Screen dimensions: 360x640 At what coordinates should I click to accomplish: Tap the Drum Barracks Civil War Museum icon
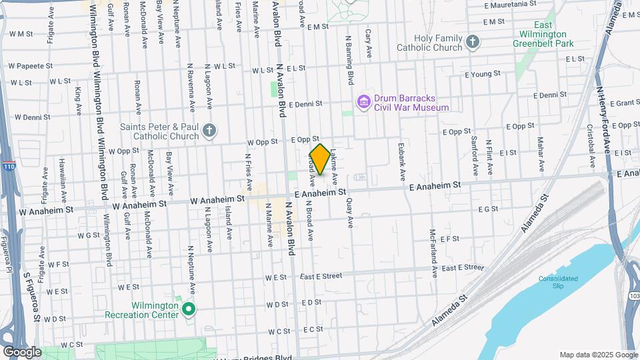coord(364,101)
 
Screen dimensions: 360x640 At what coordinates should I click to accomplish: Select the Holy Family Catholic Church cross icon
coord(473,43)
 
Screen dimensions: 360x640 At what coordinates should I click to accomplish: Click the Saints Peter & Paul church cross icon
coord(209,131)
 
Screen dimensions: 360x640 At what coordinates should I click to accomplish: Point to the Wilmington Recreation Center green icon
coord(189,309)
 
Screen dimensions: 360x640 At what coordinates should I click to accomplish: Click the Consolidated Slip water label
coord(559,281)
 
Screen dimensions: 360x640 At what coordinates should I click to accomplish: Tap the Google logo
coord(22,352)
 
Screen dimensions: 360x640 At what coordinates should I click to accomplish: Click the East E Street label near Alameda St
coord(461,267)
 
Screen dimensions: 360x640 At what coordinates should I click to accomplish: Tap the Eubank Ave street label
coord(402,164)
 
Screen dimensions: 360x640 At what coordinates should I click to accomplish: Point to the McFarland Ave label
coord(433,253)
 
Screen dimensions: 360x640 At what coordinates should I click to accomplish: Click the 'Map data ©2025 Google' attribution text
coord(597,355)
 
